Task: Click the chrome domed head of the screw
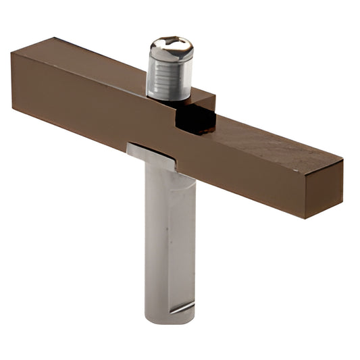171,49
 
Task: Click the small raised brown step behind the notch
203,101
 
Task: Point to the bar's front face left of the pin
74,108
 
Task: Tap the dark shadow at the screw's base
169,98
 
